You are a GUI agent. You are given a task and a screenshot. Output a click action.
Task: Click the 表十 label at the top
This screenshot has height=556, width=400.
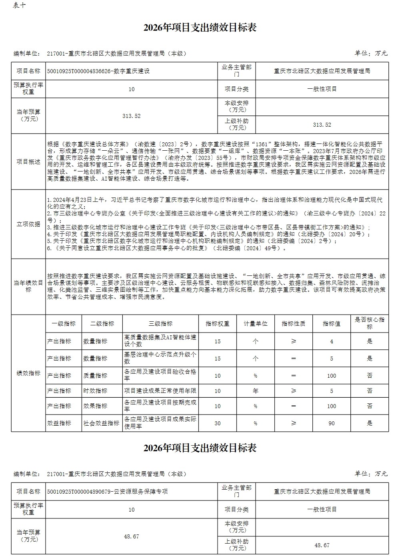(19, 5)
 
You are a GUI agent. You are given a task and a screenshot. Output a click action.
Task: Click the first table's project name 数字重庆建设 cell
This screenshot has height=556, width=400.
(98, 71)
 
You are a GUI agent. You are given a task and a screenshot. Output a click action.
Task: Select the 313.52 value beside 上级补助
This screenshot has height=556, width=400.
(322, 125)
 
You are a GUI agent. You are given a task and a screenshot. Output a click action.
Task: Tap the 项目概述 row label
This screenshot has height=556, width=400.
(28, 161)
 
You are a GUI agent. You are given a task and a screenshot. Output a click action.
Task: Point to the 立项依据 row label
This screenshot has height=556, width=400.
(28, 224)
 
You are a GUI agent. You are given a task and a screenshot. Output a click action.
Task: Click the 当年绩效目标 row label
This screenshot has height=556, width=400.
(28, 286)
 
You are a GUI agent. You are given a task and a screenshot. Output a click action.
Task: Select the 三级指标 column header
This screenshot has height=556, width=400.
(160, 324)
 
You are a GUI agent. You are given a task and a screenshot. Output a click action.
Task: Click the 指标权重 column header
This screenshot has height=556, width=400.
(217, 324)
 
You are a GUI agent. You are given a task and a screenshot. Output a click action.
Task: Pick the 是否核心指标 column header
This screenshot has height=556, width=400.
(369, 323)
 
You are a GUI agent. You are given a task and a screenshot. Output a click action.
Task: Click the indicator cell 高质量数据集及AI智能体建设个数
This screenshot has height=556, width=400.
(160, 341)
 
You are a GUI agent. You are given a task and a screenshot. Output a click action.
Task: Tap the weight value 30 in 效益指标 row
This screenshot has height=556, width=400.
(217, 423)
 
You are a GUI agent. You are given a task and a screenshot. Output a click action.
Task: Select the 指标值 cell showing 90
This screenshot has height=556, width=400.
(331, 423)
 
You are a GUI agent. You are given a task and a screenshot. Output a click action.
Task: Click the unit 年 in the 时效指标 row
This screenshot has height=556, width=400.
(255, 391)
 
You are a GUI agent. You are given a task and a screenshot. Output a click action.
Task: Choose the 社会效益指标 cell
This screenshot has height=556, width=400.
(101, 423)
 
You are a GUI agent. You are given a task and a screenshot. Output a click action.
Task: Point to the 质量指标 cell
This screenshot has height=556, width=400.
(95, 376)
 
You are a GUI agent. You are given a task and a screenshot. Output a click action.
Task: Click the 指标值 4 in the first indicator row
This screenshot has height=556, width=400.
(331, 341)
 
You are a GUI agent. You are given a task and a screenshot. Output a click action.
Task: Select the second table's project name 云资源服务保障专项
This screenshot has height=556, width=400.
(107, 492)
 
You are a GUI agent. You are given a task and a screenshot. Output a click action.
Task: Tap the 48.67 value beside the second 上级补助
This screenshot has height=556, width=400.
(322, 545)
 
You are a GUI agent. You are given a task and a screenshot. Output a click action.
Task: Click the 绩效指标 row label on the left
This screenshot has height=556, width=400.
(28, 373)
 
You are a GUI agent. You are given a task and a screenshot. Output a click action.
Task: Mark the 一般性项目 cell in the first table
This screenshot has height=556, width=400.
(322, 89)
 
